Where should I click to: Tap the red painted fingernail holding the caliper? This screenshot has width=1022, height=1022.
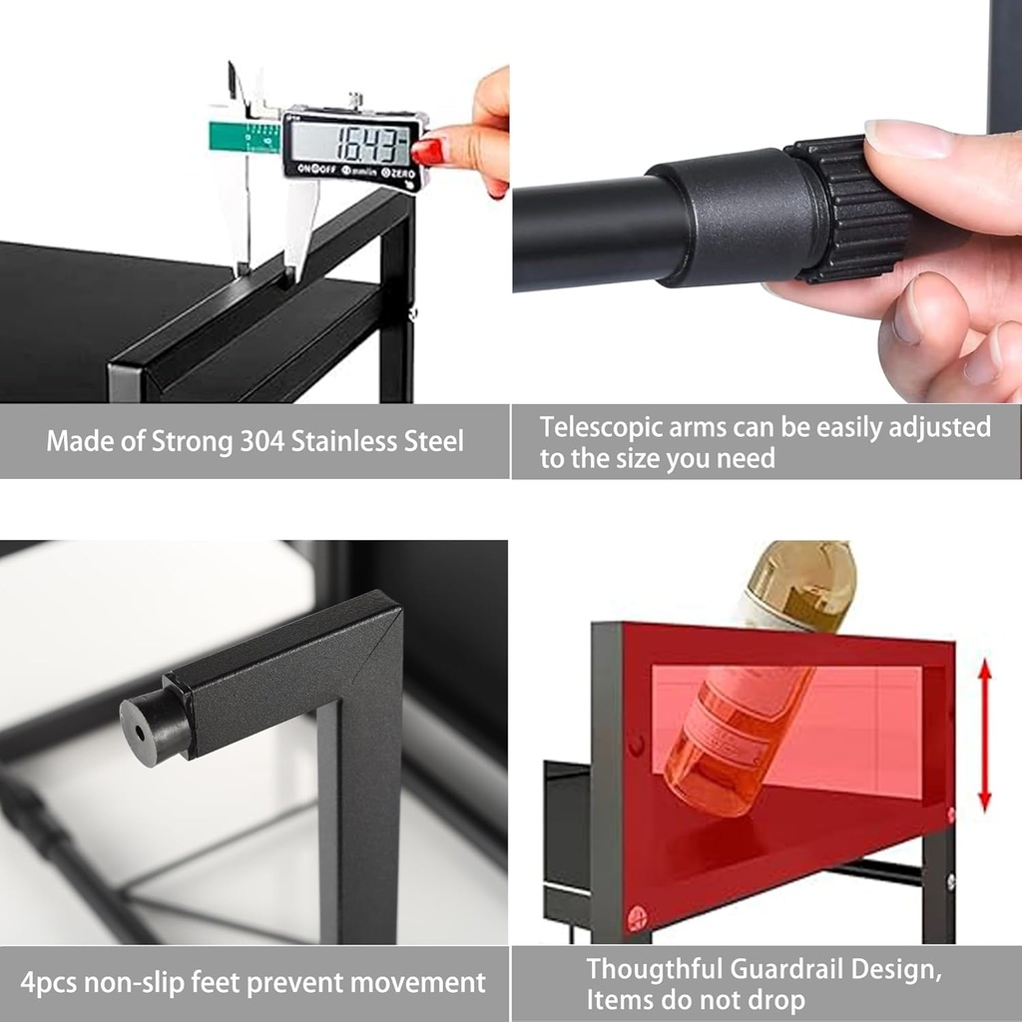[428, 152]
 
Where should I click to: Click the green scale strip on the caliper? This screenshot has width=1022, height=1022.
[245, 137]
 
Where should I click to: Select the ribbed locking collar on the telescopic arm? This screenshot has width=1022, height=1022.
[847, 209]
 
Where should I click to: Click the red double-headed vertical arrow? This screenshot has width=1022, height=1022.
[985, 735]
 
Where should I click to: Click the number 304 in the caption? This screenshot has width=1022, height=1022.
[262, 441]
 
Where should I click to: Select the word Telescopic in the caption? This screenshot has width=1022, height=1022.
[600, 427]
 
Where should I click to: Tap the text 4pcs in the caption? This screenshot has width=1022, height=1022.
[48, 983]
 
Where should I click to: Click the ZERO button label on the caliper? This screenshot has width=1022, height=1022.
[397, 173]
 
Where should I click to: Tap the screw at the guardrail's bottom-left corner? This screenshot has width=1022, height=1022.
[637, 919]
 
